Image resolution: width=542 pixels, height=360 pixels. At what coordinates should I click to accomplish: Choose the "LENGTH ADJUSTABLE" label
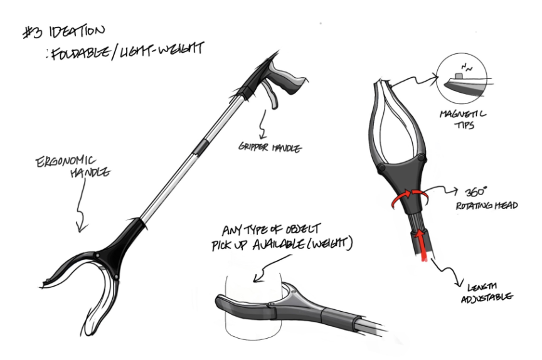point(487,290)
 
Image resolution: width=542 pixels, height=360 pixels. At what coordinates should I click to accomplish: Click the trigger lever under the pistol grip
point(270,94)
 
